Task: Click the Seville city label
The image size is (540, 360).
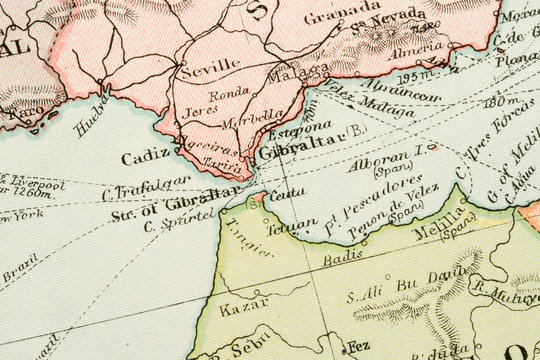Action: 210,66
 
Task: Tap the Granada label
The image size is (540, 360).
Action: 314,18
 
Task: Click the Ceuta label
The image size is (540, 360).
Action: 288,193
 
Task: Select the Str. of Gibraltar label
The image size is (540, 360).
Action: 176,202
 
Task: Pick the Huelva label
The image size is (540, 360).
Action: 92,117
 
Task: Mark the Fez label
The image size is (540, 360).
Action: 357,346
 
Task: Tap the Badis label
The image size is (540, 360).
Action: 343,258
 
